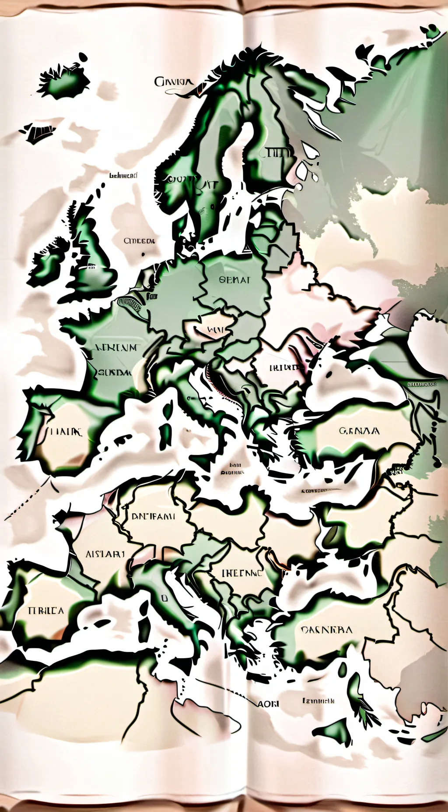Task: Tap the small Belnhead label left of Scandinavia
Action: point(123,176)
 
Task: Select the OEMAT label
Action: point(234,280)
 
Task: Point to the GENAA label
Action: point(359,431)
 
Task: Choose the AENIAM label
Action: point(115,348)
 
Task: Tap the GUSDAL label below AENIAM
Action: point(115,373)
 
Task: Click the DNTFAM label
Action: point(153,516)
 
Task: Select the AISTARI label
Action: point(106,554)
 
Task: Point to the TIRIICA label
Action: point(45,610)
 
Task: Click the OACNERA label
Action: point(326,630)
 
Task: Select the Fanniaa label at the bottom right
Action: point(318,701)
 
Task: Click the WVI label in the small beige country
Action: point(215,328)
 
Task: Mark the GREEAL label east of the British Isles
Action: point(139,241)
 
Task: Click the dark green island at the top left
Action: point(66,81)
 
